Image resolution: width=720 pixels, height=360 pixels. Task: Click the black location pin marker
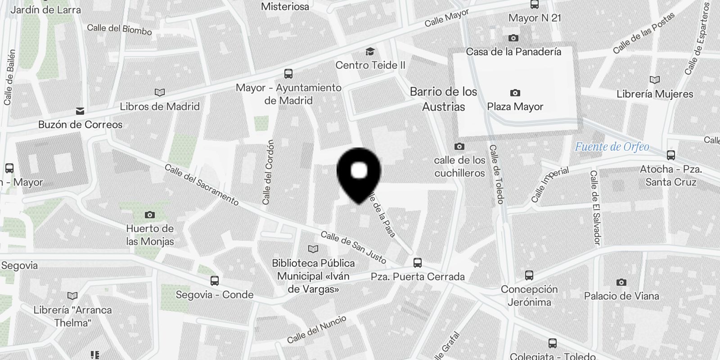click(359, 173)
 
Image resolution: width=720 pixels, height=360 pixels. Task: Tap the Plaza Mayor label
click(515, 107)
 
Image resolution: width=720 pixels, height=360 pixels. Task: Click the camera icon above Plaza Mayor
click(515, 93)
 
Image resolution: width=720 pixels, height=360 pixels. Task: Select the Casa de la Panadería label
click(513, 52)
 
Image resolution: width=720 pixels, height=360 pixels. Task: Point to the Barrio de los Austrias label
click(443, 99)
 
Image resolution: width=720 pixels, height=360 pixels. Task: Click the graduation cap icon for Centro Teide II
click(370, 52)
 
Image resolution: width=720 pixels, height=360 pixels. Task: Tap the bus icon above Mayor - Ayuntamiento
click(288, 73)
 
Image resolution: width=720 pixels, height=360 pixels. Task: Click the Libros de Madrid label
click(160, 107)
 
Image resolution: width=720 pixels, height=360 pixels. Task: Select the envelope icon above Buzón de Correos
click(80, 111)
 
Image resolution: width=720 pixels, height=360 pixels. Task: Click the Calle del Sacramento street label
click(202, 185)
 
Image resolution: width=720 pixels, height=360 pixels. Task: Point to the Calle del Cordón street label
click(268, 172)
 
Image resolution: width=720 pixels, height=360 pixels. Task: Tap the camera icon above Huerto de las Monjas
click(150, 215)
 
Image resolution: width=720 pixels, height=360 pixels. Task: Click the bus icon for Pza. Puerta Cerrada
click(418, 262)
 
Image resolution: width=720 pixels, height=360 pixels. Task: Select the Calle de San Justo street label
click(353, 247)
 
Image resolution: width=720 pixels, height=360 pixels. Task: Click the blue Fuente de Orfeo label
click(612, 147)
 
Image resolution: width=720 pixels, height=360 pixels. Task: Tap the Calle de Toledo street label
click(497, 174)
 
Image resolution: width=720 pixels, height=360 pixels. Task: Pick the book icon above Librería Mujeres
click(655, 80)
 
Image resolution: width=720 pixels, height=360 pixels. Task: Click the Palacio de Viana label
click(621, 296)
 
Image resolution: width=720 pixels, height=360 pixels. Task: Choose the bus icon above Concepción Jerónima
click(529, 275)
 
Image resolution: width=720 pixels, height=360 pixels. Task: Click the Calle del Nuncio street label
click(317, 329)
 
